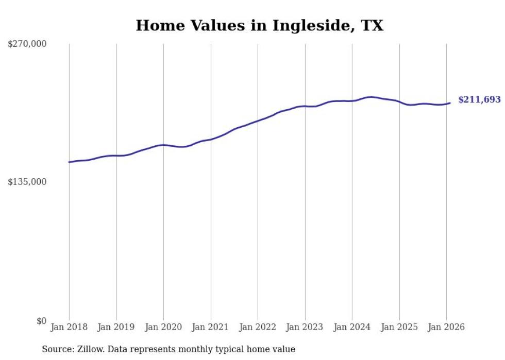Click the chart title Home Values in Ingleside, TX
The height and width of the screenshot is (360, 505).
coord(259,26)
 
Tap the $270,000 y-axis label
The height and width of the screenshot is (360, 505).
coord(27,44)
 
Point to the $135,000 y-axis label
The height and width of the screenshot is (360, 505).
coord(27,182)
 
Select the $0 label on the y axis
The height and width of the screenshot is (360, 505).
coord(41,321)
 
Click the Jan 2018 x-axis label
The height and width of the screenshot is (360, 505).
coord(69,328)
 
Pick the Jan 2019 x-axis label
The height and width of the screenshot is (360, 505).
coord(116,328)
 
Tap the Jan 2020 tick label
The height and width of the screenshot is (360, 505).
coord(163,328)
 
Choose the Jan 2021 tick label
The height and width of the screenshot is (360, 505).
coord(210,328)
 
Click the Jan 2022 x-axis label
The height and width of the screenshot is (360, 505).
coord(258,328)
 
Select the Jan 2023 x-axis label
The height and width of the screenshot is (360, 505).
coord(305,328)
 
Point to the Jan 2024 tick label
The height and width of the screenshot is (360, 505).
coord(352,328)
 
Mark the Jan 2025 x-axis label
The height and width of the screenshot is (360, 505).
coord(399,328)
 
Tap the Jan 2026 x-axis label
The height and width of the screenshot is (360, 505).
coord(446,328)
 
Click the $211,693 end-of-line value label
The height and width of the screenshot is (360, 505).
coord(479,100)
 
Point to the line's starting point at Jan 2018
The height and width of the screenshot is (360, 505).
coord(69,162)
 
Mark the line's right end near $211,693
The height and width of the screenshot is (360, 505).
coord(450,103)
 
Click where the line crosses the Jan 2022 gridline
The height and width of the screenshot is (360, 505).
coord(258,122)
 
